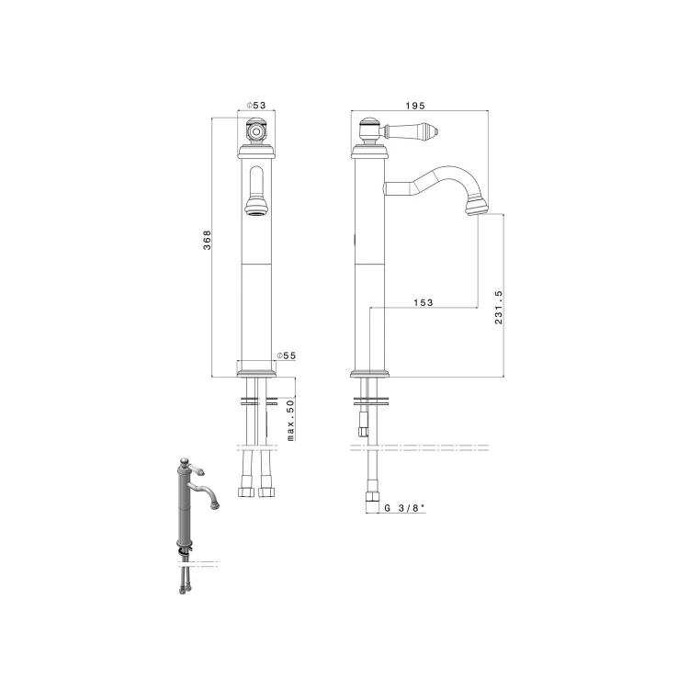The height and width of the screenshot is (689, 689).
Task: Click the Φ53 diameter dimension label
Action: pyautogui.click(x=256, y=106)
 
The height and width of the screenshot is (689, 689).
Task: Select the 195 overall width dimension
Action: pyautogui.click(x=415, y=106)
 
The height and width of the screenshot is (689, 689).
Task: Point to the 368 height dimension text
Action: pyautogui.click(x=207, y=240)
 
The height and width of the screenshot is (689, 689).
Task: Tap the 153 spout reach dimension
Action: pyautogui.click(x=424, y=302)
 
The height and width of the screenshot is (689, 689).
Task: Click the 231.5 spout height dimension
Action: pyautogui.click(x=498, y=307)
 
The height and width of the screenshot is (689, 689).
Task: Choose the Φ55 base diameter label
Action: pyautogui.click(x=287, y=356)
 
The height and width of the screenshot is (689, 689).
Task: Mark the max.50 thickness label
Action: pyautogui.click(x=290, y=420)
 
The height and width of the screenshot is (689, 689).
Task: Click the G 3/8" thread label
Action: pyautogui.click(x=405, y=508)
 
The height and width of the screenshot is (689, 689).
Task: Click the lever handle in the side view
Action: pyautogui.click(x=412, y=130)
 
